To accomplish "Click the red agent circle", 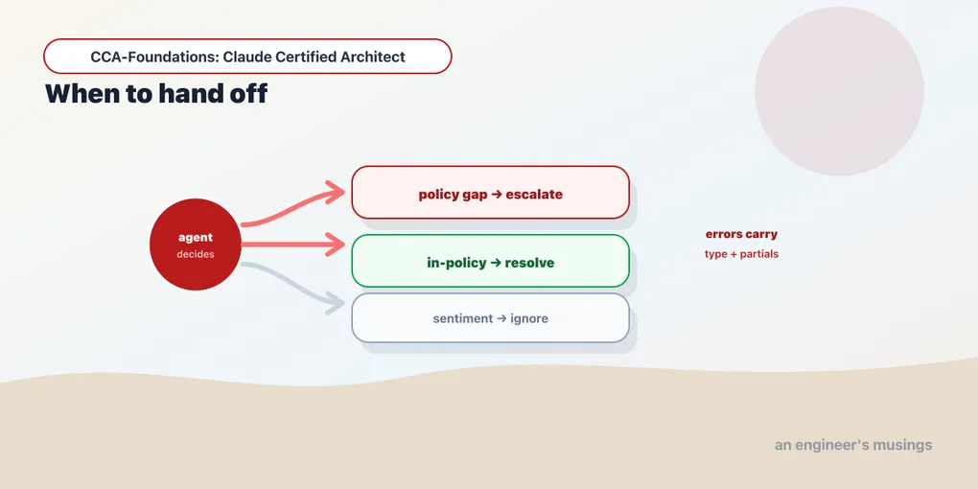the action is (196, 244).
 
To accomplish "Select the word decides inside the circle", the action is (196, 254).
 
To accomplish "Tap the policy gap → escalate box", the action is (490, 192).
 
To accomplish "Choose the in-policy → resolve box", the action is (490, 261).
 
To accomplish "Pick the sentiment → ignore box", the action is (490, 318).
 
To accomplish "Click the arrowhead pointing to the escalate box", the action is (336, 193).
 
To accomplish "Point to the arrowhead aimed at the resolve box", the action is (336, 244).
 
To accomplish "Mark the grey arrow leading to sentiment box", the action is (293, 284).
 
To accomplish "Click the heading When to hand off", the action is (156, 94).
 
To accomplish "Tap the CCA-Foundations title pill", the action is (247, 57).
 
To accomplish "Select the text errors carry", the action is (741, 235).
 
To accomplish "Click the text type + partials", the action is (741, 254).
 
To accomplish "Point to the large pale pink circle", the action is (839, 91).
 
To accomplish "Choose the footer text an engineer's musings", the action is (853, 445).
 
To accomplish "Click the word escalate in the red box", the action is (534, 194).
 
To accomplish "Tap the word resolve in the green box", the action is (529, 263).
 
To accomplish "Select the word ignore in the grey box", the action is (529, 318).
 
